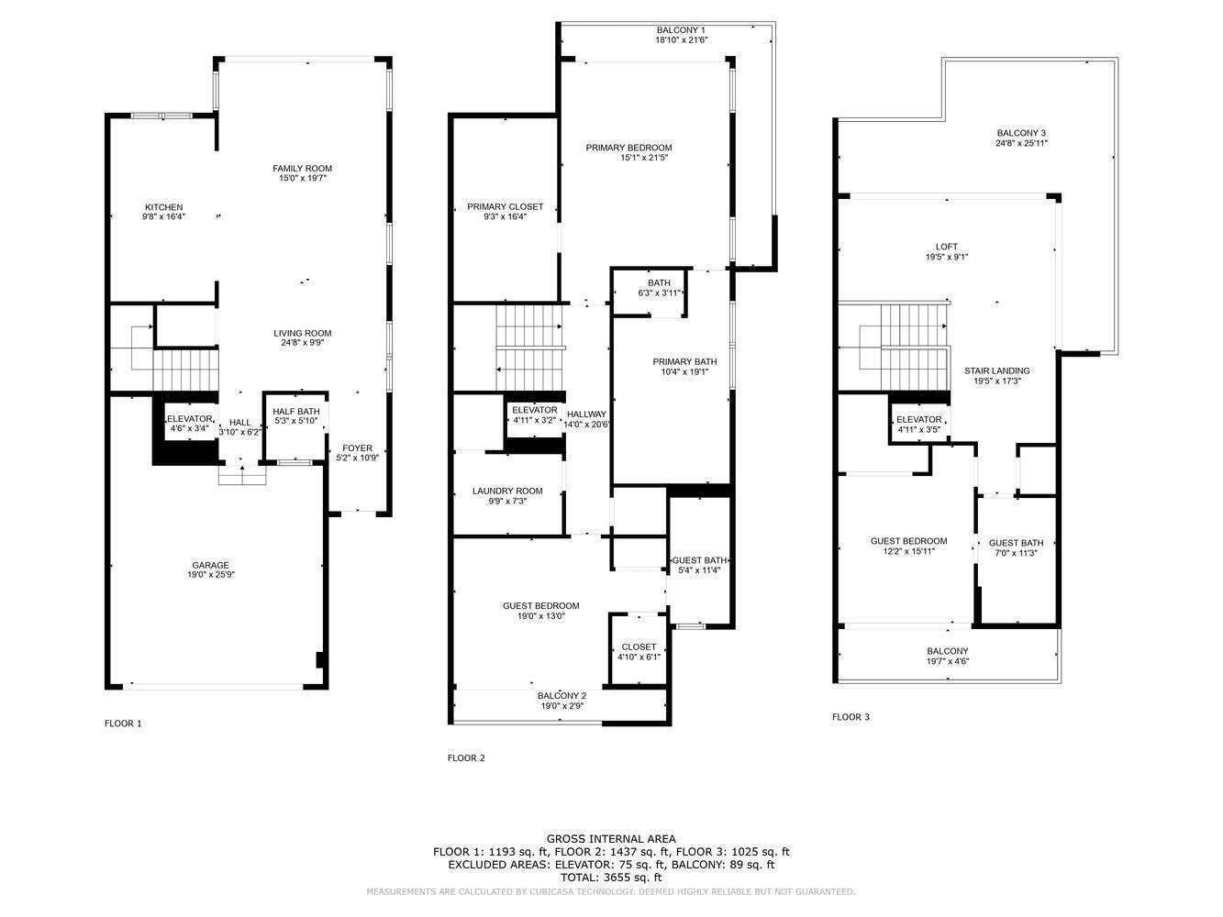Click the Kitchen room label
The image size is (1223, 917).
pos(163,207)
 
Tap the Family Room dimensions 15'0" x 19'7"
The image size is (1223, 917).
pos(302,178)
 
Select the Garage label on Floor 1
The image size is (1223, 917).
pos(210,565)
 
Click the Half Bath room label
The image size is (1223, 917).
pos(295,411)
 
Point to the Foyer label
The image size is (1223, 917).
pos(357,448)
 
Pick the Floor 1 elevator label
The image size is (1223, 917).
pos(190,418)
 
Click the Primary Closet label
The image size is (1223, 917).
pos(505,206)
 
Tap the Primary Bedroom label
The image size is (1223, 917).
pos(628,148)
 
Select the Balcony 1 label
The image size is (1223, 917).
pos(681,30)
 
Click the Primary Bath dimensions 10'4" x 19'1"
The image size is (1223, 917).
pos(684,372)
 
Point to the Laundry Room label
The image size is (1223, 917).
pos(507,491)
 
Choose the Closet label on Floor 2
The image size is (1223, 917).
pos(639,646)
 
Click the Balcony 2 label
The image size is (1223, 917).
pos(561,695)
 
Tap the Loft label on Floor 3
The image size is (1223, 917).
pos(946,247)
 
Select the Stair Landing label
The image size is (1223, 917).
pos(996,370)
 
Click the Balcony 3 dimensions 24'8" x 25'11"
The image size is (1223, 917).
pos(1021,143)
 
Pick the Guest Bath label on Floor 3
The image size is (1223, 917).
pos(1016,543)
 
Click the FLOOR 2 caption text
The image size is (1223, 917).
pos(466,758)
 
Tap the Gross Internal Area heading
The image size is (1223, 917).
pos(611,838)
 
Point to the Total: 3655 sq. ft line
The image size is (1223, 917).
pos(611,878)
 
